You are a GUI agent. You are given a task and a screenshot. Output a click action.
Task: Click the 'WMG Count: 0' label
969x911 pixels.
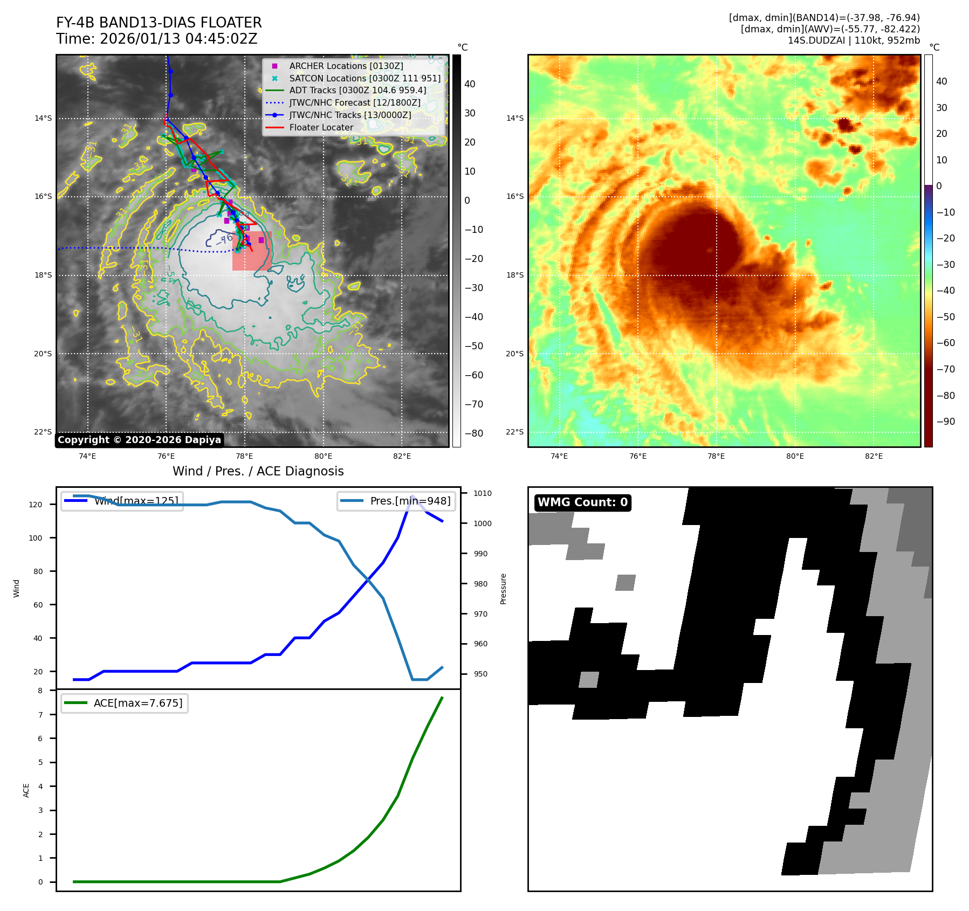[582, 502]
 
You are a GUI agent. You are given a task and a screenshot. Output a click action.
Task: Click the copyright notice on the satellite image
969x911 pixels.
[139, 440]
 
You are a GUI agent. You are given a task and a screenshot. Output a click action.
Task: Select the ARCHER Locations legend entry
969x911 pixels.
[346, 66]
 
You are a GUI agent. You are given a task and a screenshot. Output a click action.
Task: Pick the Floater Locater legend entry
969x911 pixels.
[321, 127]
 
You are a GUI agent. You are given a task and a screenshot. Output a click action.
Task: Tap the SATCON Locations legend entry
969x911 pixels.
[365, 78]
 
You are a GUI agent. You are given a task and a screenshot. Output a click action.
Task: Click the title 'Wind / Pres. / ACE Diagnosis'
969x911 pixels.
[258, 471]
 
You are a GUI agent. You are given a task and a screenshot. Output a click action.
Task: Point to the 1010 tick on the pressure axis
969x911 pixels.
[483, 493]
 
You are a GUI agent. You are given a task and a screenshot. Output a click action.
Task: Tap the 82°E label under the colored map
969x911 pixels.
[874, 456]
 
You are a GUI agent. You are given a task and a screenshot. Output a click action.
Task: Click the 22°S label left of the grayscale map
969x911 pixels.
[43, 432]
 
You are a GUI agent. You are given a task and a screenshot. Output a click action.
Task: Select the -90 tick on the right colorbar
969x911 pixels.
[945, 422]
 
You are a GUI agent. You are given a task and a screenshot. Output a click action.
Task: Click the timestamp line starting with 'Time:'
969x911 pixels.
[156, 39]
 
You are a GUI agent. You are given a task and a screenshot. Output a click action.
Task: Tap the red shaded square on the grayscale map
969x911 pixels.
[252, 251]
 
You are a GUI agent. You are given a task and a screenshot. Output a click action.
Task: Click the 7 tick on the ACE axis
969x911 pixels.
[40, 715]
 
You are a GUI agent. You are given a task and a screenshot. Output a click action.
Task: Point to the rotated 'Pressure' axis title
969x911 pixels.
[503, 589]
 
